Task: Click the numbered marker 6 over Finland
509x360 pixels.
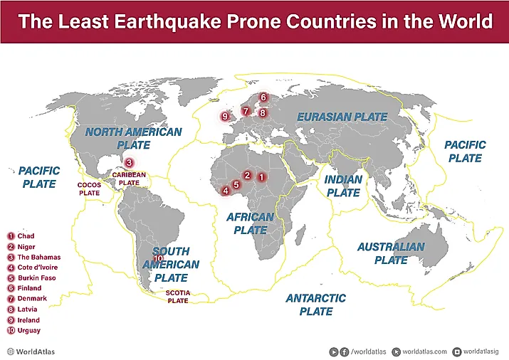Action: pyautogui.click(x=263, y=97)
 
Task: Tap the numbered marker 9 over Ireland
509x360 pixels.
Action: pyautogui.click(x=225, y=117)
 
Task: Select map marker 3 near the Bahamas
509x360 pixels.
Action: pyautogui.click(x=128, y=162)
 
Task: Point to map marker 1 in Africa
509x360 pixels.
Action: pyautogui.click(x=261, y=176)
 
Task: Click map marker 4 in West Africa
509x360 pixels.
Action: pyautogui.click(x=226, y=191)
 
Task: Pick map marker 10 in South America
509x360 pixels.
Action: pyautogui.click(x=158, y=278)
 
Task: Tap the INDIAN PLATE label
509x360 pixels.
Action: pyautogui.click(x=343, y=186)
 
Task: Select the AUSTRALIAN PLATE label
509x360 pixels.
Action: pyautogui.click(x=391, y=253)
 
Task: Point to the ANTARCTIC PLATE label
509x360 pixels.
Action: pyautogui.click(x=316, y=305)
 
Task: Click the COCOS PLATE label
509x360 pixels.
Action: pyautogui.click(x=89, y=189)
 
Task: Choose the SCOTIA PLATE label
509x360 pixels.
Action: pyautogui.click(x=177, y=297)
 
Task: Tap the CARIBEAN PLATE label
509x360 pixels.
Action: pyautogui.click(x=129, y=179)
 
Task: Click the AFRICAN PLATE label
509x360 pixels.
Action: pyautogui.click(x=250, y=223)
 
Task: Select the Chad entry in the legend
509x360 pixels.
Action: pyautogui.click(x=26, y=236)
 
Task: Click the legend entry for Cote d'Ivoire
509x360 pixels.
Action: pyautogui.click(x=37, y=268)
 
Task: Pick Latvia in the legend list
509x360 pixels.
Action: pyautogui.click(x=28, y=309)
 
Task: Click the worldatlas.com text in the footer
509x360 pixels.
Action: pyautogui.click(x=424, y=351)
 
